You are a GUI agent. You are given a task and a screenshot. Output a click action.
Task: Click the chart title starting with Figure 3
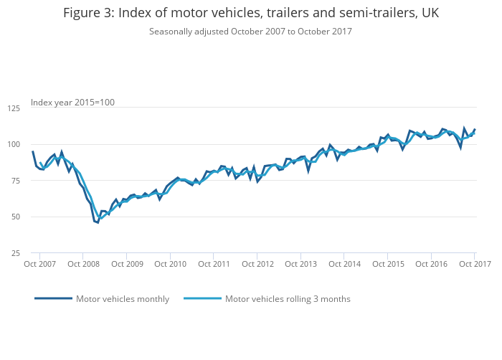250,13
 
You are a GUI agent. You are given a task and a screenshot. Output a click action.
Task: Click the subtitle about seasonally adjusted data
250,31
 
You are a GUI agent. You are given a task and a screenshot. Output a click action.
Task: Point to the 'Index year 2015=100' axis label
72,103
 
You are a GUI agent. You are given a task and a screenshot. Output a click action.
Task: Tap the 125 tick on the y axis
14,108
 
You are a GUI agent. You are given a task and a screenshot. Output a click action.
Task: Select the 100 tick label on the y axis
14,144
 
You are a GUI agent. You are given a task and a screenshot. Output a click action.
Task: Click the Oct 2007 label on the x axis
40,264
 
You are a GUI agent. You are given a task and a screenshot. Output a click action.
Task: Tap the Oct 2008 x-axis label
83,264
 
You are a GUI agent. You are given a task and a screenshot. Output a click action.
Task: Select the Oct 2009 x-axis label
127,264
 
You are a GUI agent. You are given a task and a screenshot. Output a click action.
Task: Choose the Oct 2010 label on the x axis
170,264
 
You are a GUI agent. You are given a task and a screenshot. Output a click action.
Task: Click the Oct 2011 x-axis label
214,264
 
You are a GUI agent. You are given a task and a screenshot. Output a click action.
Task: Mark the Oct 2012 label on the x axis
257,264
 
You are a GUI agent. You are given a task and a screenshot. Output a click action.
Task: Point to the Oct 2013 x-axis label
300,264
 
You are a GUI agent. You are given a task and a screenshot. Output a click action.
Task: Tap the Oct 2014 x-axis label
344,264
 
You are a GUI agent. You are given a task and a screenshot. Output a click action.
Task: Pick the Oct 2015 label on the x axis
388,264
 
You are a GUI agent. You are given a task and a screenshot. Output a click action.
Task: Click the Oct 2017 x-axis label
474,264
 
